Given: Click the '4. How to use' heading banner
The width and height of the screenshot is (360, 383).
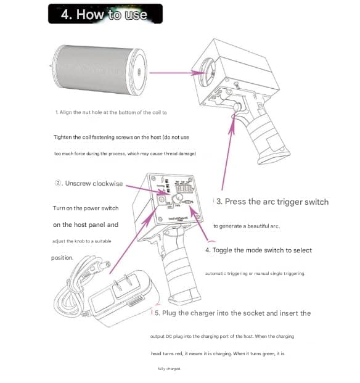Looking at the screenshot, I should click(x=105, y=14).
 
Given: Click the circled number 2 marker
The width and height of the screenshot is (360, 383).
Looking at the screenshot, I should click(x=59, y=184).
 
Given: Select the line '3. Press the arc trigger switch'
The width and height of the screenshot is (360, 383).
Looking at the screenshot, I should click(x=272, y=202).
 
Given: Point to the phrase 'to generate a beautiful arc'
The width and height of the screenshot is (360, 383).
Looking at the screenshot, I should click(x=247, y=226).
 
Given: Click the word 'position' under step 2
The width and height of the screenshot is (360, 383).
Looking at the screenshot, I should click(x=62, y=258).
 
